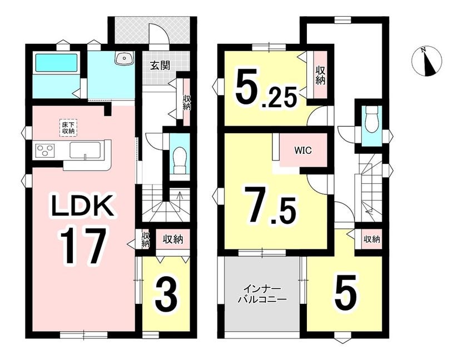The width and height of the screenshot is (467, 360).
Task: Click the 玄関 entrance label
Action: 160,66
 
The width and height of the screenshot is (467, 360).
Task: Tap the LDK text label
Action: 82,206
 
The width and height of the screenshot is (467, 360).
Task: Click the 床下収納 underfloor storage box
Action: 68,128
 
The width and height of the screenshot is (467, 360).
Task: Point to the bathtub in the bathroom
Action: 57,63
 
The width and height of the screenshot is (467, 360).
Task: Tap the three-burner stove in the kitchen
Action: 45,149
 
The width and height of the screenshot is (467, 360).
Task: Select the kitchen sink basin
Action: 85,149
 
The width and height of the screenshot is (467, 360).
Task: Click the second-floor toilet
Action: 371,119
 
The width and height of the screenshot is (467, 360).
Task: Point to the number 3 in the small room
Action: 166,295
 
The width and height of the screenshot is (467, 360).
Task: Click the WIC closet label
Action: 303,151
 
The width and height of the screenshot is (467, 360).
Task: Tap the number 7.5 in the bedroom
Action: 270,206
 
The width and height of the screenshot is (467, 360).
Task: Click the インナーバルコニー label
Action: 262,294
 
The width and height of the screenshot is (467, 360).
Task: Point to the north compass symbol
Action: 426,62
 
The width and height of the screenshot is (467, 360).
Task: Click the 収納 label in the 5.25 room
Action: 320,75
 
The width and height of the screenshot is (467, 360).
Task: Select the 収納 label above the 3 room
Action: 173,239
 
